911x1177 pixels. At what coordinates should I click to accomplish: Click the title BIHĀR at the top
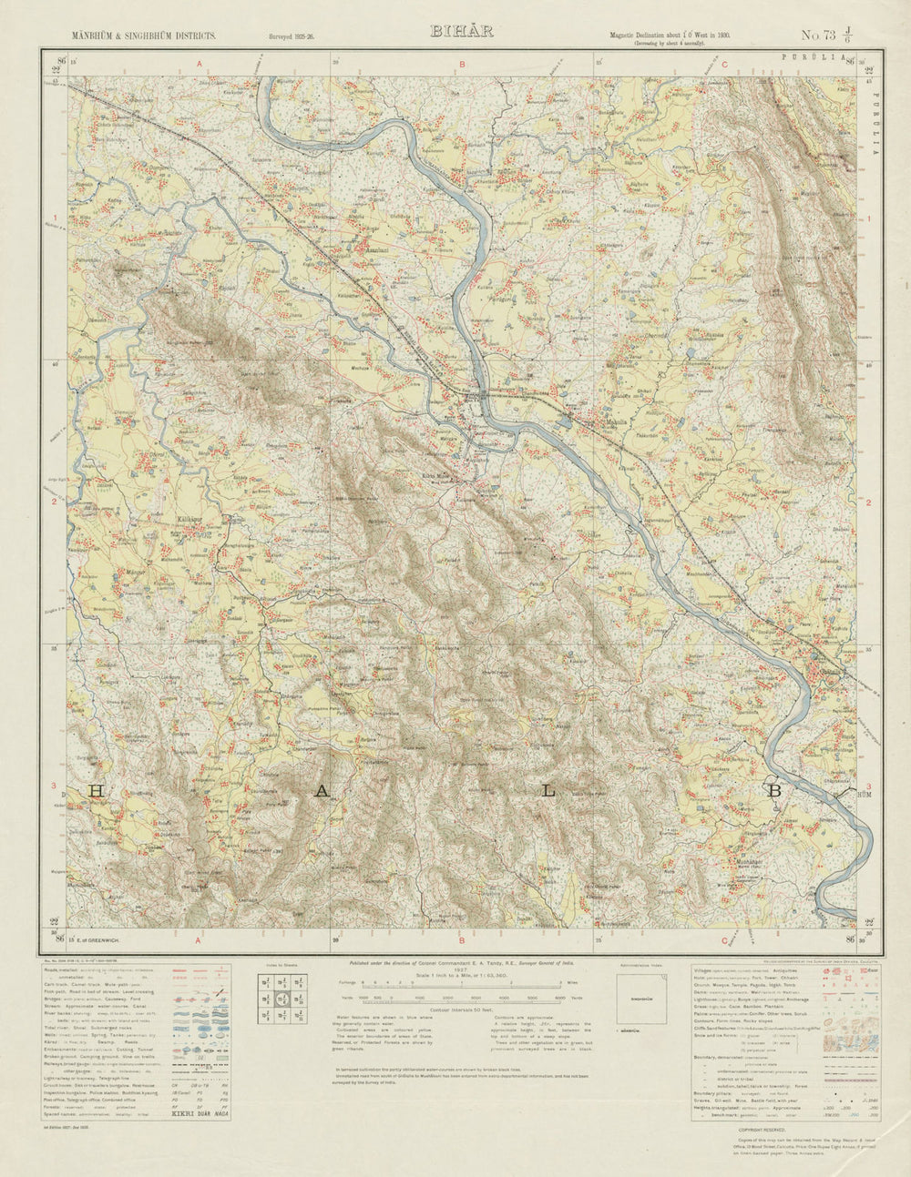point(461,31)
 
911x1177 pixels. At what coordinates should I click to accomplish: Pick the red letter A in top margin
point(197,64)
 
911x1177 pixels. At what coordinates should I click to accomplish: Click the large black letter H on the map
point(96,791)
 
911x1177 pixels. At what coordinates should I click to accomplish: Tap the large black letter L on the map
point(548,791)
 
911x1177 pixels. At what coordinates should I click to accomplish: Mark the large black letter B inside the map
point(774,791)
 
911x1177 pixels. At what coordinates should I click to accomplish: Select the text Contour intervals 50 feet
point(460,1010)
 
